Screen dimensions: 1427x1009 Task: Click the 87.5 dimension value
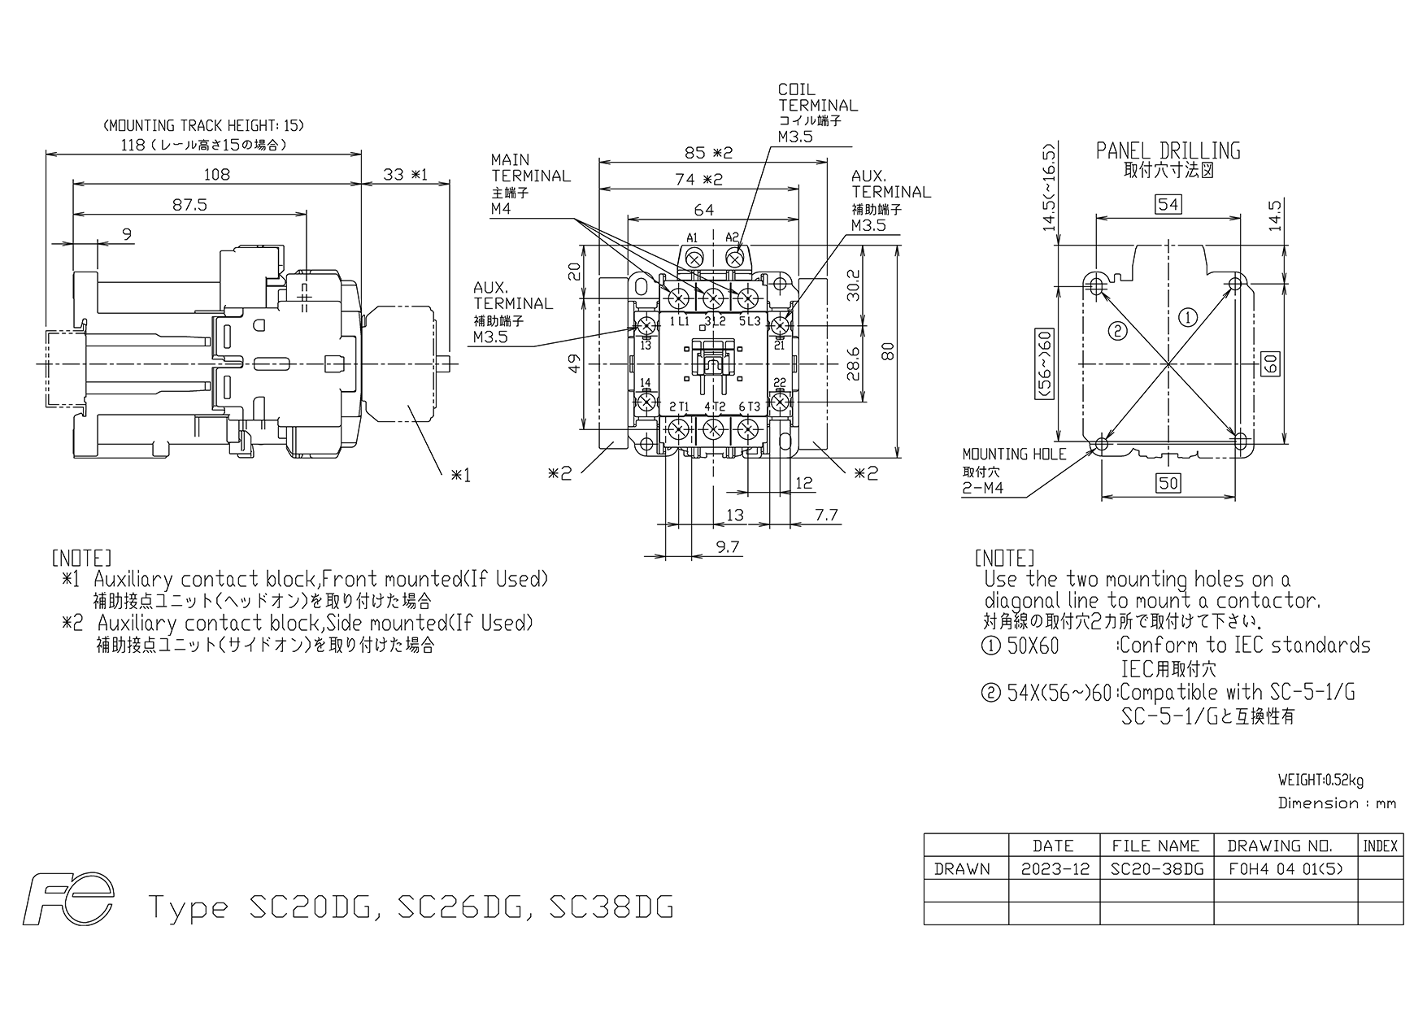coord(189,205)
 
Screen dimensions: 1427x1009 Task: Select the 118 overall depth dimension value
coord(131,145)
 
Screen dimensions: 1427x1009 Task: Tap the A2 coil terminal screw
coord(735,259)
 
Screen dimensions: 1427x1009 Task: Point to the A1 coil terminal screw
coord(695,259)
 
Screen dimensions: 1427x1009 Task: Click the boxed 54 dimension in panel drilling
coord(1168,204)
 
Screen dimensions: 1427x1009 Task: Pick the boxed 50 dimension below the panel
coord(1168,483)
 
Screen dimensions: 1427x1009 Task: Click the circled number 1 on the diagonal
coord(1188,317)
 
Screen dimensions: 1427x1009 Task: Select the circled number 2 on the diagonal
coord(1118,330)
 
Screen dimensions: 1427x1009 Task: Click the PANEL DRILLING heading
coord(1168,151)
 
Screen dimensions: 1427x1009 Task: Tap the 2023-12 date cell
coord(1055,868)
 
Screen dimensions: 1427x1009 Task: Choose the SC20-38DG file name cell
coord(1157,868)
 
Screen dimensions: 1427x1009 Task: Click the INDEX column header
coord(1381,846)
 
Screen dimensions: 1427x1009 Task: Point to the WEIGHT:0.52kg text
coord(1320,780)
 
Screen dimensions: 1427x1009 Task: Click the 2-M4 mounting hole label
coord(983,489)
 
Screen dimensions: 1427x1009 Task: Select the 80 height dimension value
coord(889,351)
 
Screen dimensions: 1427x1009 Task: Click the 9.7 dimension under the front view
coord(729,547)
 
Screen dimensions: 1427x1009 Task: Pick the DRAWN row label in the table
coord(962,868)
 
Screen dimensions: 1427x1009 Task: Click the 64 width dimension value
coord(704,210)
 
